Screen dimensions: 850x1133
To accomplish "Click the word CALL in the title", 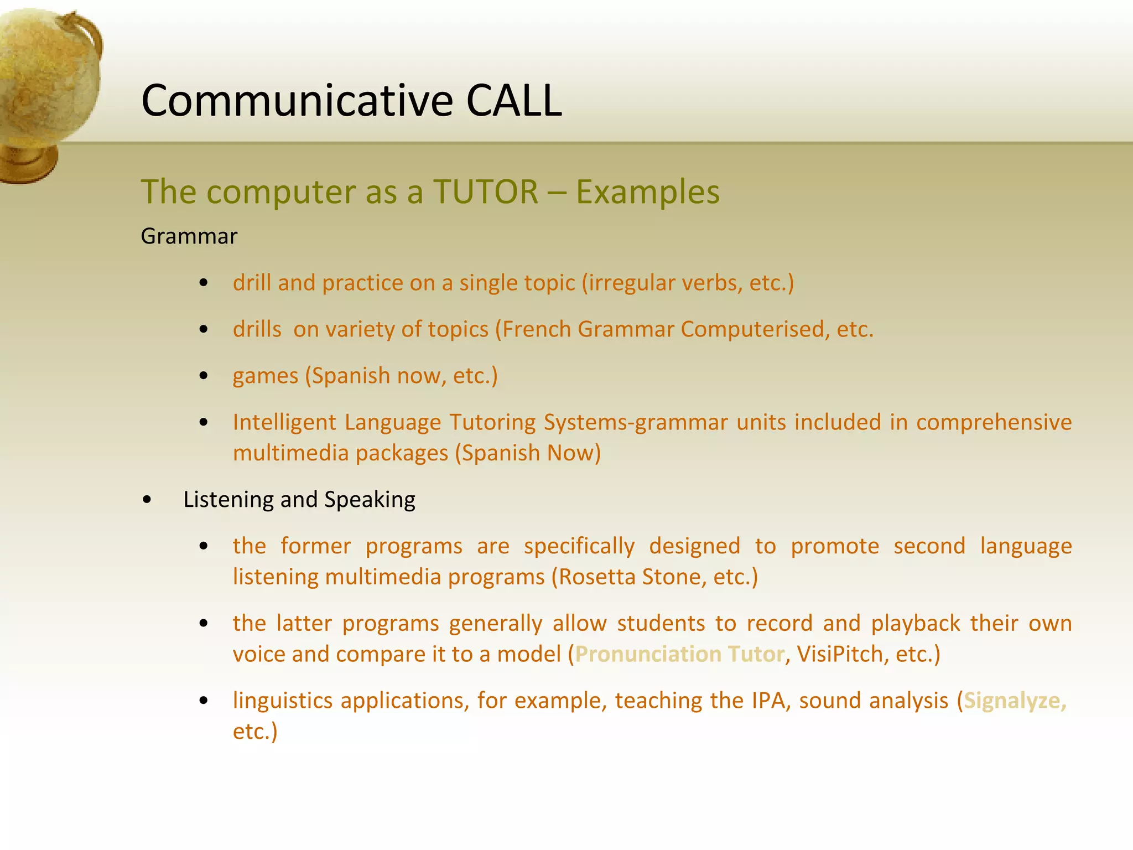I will pyautogui.click(x=514, y=101).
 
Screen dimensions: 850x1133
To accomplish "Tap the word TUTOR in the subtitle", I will pyautogui.click(x=486, y=192).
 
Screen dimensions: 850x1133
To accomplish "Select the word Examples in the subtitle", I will pyautogui.click(x=648, y=192).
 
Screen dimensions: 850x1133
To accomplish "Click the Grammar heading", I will pyautogui.click(x=189, y=236).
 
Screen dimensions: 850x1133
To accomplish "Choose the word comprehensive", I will pyautogui.click(x=994, y=422).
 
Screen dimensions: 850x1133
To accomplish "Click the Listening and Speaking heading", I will pyautogui.click(x=299, y=500).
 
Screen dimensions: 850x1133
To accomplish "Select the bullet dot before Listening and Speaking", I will pyautogui.click(x=147, y=500).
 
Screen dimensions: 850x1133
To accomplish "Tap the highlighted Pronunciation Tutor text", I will pyautogui.click(x=679, y=655).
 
